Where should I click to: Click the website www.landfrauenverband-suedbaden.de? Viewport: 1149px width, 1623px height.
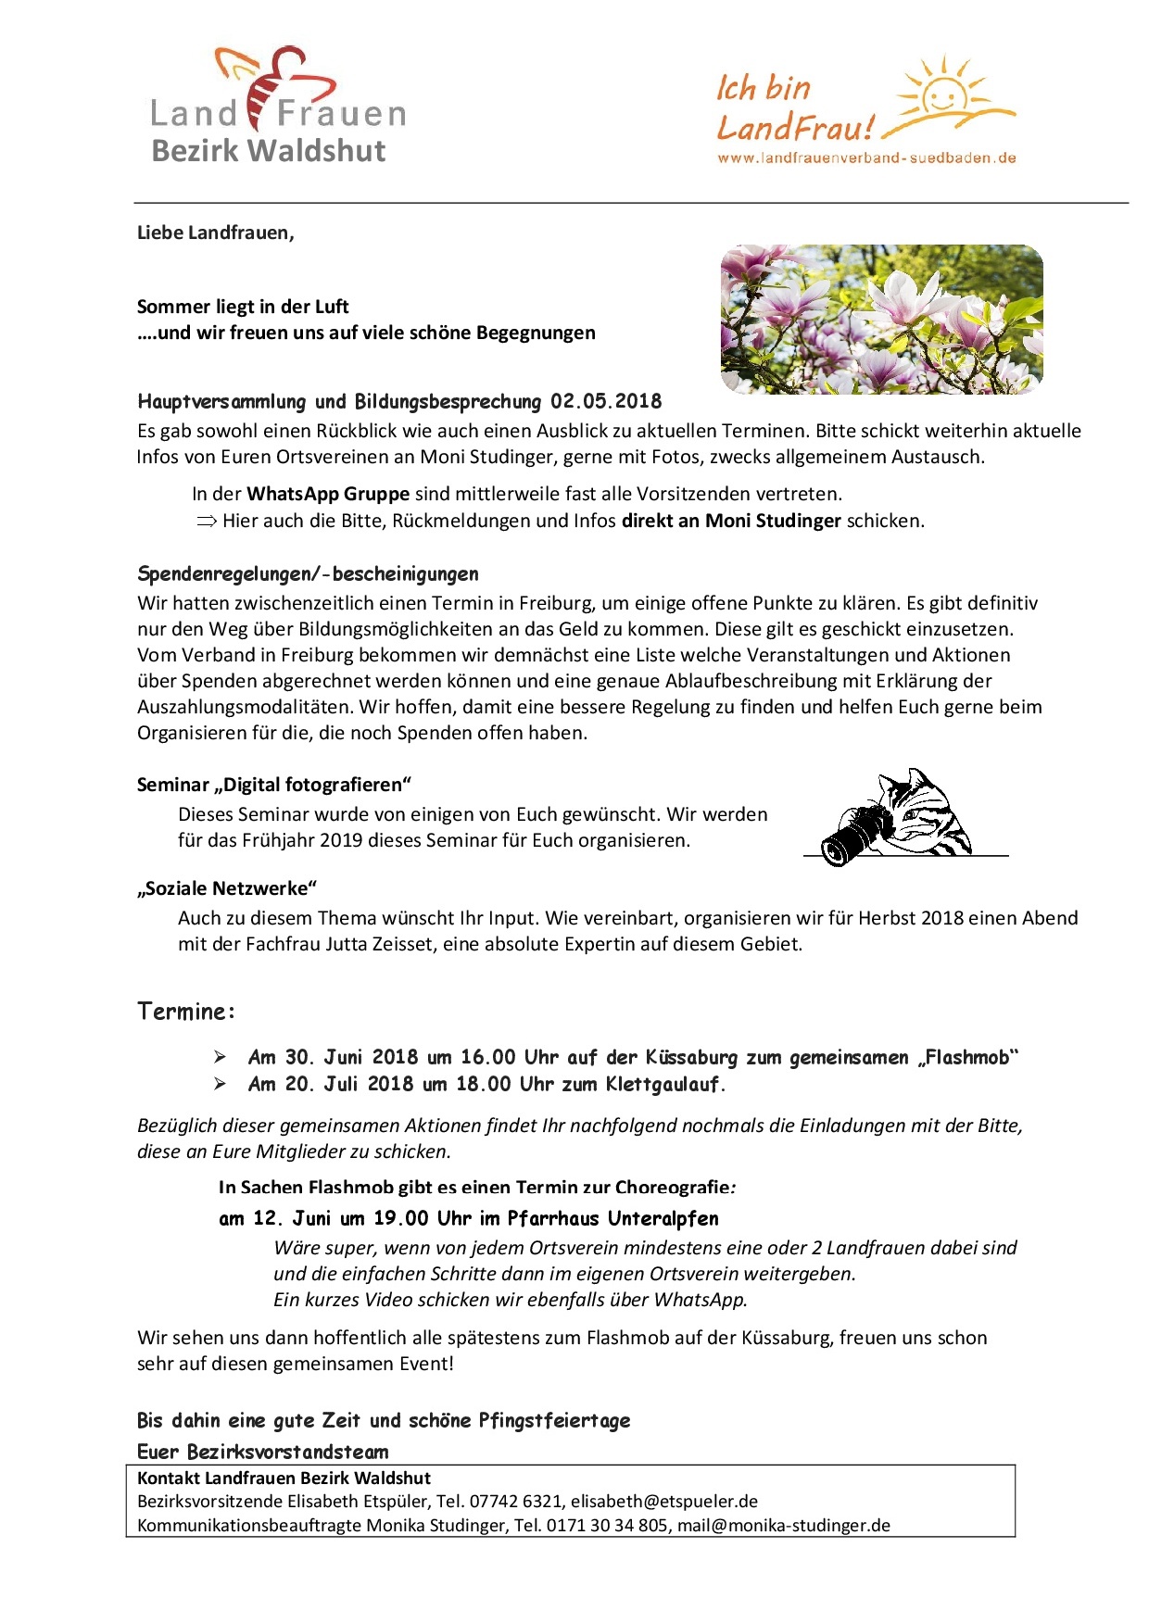click(866, 157)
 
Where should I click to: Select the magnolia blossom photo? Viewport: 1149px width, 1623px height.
click(881, 319)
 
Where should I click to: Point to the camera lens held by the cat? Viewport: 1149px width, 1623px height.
click(843, 843)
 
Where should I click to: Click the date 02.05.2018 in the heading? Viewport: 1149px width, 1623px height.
click(606, 401)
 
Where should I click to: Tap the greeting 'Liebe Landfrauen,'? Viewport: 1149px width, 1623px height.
click(215, 233)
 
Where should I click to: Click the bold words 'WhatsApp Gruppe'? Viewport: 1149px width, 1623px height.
click(328, 494)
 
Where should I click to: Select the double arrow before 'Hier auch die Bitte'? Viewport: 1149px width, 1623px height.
click(205, 521)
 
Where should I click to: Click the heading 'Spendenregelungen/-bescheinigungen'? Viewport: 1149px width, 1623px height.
click(308, 573)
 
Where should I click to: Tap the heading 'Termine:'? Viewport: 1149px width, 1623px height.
click(186, 1011)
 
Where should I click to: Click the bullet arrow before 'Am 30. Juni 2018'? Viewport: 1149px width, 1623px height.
click(220, 1057)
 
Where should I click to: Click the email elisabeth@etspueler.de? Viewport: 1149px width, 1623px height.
click(664, 1501)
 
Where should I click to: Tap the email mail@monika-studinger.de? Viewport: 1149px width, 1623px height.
click(784, 1525)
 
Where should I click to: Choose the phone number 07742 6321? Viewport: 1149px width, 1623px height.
click(516, 1501)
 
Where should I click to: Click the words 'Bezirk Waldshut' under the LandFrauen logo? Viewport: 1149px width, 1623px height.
click(269, 150)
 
